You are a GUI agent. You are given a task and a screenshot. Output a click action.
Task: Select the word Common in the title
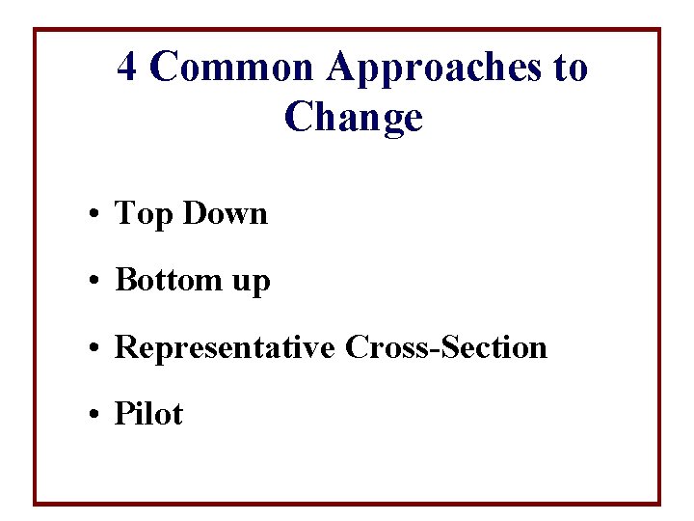click(233, 68)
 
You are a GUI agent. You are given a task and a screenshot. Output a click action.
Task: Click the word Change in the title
click(354, 118)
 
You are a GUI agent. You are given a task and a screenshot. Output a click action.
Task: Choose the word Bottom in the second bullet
click(169, 280)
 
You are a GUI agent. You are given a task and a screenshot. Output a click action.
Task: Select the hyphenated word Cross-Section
click(445, 347)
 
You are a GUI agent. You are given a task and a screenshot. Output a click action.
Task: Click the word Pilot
click(148, 415)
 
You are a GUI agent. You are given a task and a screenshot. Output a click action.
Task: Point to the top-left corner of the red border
click(36, 30)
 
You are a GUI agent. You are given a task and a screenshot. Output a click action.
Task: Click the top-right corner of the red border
click(659, 30)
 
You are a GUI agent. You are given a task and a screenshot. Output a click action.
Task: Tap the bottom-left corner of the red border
click(36, 503)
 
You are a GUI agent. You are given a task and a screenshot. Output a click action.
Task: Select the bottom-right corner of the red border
click(659, 503)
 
